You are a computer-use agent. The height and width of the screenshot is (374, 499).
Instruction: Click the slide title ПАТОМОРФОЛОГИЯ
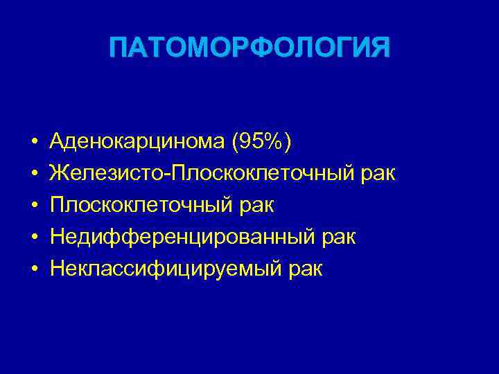pyautogui.click(x=249, y=49)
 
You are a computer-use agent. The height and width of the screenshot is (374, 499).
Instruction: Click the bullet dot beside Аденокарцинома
pyautogui.click(x=34, y=143)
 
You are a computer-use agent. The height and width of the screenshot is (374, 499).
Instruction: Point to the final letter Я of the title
pyautogui.click(x=379, y=49)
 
